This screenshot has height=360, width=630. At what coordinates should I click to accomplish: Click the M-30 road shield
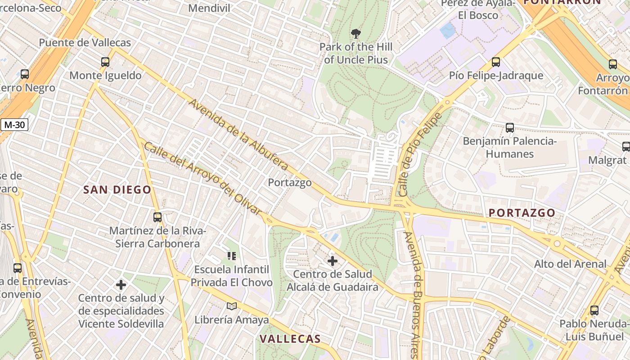pos(14,125)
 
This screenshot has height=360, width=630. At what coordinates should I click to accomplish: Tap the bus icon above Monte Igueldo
pos(105,62)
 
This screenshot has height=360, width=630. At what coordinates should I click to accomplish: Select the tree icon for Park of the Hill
pos(355,33)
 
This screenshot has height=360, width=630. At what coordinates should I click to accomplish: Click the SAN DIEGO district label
pos(117,190)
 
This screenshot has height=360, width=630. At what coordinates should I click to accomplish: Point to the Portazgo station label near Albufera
pos(290,183)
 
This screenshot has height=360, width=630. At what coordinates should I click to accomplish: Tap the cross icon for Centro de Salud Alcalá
pos(333,261)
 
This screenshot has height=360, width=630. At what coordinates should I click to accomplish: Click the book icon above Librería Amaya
pos(232,306)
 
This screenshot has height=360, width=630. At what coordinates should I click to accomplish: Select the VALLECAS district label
pos(291,339)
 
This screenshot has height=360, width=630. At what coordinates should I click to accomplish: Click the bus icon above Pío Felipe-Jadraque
pos(496,62)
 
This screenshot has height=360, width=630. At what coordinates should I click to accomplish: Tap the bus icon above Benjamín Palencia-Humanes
pos(510,128)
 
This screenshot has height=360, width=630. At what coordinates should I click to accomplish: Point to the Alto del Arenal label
pos(570,264)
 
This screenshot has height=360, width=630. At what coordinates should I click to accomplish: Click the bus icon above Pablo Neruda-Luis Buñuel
pos(594,310)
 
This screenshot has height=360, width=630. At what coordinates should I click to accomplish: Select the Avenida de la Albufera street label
pos(238,135)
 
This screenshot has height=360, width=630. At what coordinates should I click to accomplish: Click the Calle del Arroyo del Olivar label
pos(202,179)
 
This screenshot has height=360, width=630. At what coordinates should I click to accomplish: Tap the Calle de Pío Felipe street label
pos(418,154)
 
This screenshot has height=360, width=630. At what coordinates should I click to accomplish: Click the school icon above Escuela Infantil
pos(232,256)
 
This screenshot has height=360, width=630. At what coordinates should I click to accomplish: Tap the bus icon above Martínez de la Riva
pos(157,217)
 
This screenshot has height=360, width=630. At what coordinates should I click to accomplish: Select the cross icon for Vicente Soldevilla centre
pos(121,284)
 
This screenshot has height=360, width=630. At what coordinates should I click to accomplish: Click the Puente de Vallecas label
pos(85,43)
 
